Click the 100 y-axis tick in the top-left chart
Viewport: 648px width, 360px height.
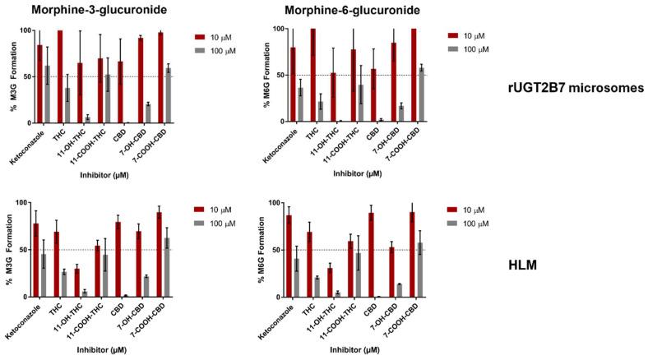(x=25, y=31)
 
